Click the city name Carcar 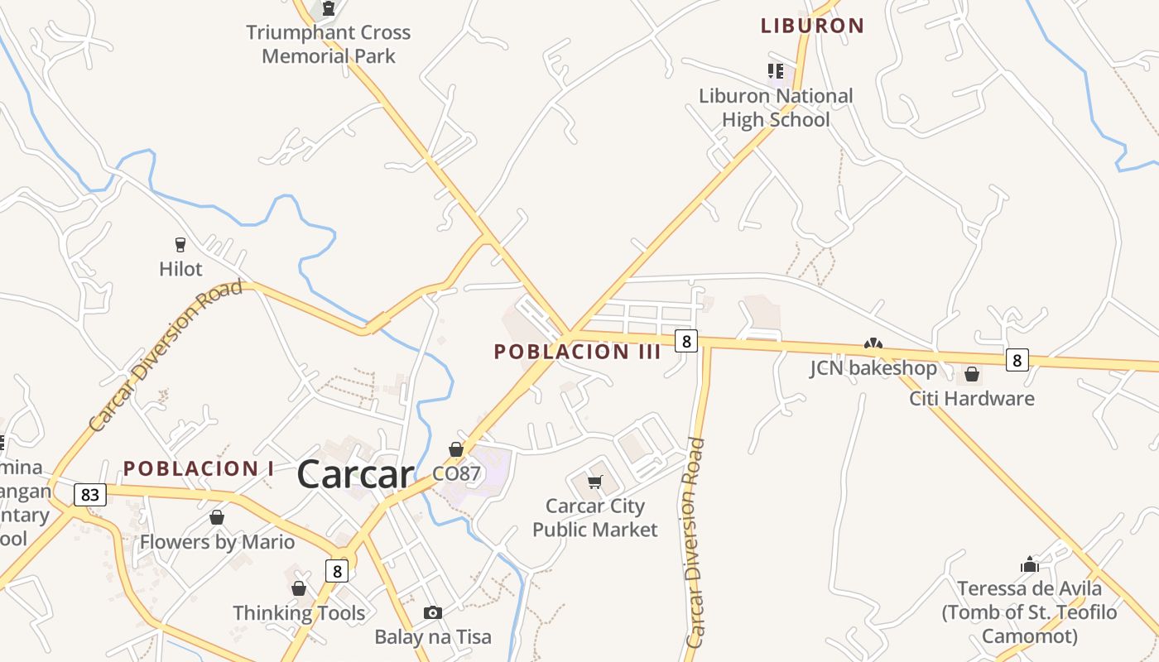pos(355,474)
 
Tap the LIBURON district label pos(812,26)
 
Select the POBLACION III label pos(577,352)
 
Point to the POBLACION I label pos(199,468)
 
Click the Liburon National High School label pos(776,108)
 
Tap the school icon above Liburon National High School pos(776,70)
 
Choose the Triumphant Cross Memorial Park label pos(329,45)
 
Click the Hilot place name pos(180,269)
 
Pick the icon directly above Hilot pos(180,244)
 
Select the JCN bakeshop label pos(873,368)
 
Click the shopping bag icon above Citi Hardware pos(972,374)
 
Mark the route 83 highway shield pos(90,495)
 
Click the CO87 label pos(456,474)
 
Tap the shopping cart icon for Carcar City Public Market pos(594,482)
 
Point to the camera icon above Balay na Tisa pos(432,613)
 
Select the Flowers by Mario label pos(217,542)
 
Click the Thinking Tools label pos(299,613)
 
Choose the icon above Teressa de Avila pos(1030,565)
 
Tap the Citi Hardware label pos(972,398)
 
